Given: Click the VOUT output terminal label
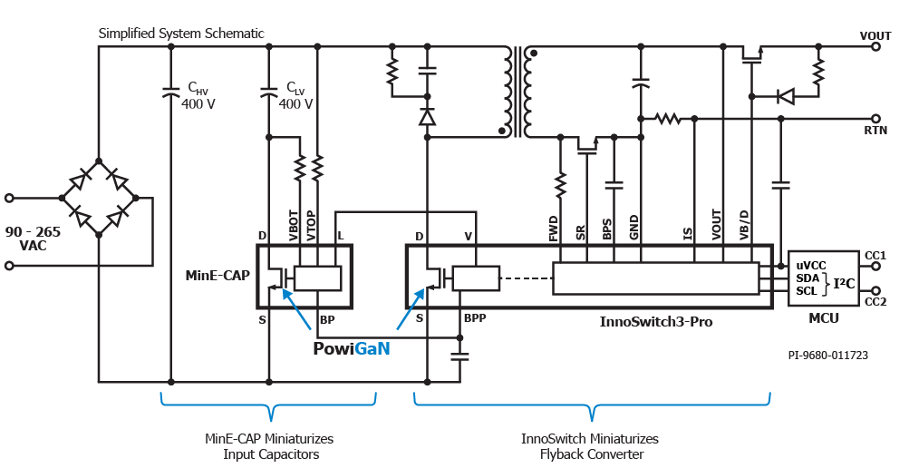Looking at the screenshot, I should [x=875, y=35].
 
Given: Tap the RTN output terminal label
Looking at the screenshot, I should [x=875, y=131].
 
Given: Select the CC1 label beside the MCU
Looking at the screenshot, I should [x=875, y=256].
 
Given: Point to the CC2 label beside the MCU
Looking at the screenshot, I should [x=875, y=301].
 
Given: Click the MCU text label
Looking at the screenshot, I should [x=823, y=318].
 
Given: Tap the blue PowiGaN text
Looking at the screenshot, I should [x=352, y=348].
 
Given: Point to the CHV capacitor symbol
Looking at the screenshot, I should [x=171, y=92].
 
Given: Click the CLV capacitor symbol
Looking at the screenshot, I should [x=269, y=92].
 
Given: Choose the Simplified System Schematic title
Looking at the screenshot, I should [x=181, y=34].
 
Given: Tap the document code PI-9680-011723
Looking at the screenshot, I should [x=827, y=356].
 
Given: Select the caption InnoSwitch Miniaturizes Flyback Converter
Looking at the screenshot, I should [x=590, y=446].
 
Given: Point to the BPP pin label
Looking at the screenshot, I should [x=476, y=319].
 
